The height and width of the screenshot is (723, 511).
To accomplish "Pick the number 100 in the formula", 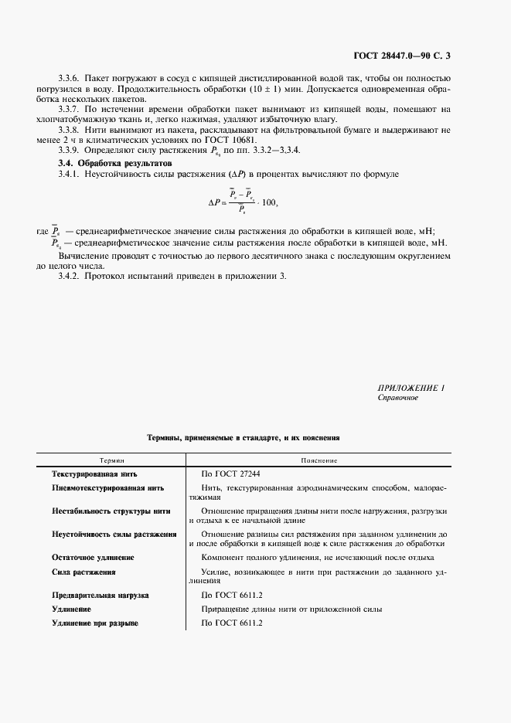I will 267,202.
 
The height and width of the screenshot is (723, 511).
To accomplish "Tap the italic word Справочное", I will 397,397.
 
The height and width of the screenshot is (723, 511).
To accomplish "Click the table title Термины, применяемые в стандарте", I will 243,437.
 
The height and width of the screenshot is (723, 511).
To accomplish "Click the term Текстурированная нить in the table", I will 94,474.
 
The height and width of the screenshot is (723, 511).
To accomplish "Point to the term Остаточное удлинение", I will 93,557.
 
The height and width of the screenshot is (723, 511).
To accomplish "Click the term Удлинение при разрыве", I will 94,623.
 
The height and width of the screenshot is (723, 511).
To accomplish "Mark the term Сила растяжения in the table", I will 83,572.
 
